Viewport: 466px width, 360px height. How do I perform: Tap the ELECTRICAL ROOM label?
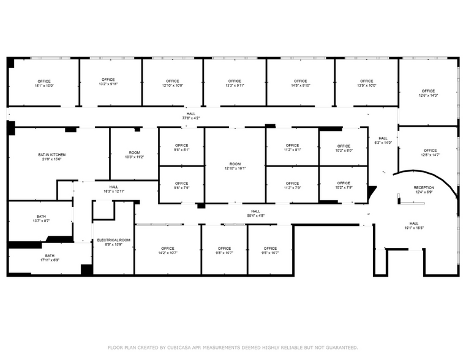click(113, 240)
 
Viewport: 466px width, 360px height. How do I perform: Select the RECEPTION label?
click(424, 188)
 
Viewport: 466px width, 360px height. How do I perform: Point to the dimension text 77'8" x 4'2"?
click(192, 118)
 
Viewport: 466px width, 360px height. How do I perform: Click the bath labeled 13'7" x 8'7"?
click(41, 219)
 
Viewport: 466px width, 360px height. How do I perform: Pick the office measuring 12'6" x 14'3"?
click(428, 93)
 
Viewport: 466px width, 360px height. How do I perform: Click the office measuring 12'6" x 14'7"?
click(430, 153)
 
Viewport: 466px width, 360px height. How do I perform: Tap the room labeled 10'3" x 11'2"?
click(134, 155)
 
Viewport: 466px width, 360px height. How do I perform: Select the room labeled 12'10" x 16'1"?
click(235, 166)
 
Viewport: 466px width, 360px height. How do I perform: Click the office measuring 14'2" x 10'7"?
click(168, 251)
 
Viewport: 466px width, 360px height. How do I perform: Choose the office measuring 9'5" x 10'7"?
click(271, 251)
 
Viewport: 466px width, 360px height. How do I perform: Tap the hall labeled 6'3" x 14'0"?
click(383, 141)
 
